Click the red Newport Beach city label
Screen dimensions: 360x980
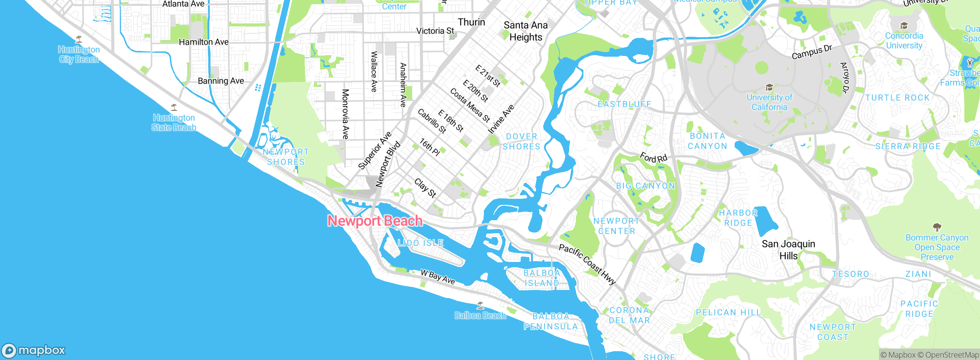375,221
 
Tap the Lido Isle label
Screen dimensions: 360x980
420,243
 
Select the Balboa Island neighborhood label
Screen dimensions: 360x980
542,278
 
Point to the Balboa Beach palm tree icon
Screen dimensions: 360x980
480,305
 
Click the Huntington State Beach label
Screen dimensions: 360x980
174,123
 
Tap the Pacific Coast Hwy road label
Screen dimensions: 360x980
587,264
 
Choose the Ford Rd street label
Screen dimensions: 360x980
653,157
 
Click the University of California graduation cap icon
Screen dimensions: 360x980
769,87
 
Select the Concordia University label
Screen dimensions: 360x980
904,41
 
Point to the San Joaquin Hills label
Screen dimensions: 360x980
788,249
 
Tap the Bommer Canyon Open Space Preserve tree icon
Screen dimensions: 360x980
937,227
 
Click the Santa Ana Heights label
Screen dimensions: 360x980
526,31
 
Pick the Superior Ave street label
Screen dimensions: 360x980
375,150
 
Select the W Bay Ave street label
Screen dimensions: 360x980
438,277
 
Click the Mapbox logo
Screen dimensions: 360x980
34,350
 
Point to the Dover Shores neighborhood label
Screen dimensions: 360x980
521,141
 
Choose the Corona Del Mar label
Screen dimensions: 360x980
629,315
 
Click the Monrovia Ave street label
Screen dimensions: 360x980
345,114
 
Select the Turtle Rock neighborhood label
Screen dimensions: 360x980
897,98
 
